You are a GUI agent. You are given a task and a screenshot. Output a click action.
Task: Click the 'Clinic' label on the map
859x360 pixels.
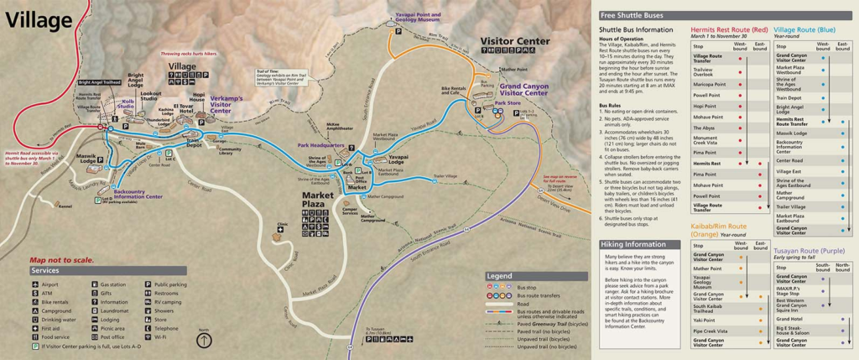[x=282, y=224]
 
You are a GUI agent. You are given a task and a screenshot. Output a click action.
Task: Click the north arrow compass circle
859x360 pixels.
[x=205, y=341]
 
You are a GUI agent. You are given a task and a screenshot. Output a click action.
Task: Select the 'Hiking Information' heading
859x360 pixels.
[x=634, y=244]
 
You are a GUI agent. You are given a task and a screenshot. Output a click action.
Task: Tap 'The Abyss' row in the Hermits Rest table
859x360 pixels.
[x=704, y=127]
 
